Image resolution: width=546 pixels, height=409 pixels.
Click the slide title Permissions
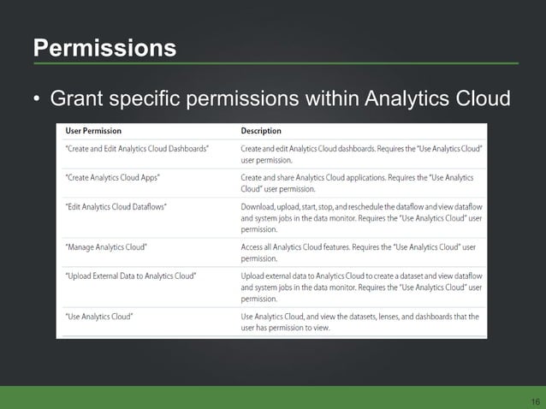104,47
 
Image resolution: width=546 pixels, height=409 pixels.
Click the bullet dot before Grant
37,101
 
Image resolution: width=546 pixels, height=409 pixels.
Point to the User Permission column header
93,132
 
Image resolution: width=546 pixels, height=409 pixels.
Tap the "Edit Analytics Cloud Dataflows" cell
117,206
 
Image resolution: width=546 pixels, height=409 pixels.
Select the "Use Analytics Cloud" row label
98,316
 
